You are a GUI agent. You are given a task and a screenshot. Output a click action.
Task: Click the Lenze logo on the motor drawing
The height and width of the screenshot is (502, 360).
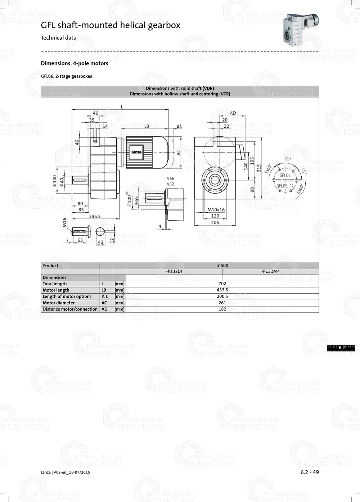click(x=136, y=152)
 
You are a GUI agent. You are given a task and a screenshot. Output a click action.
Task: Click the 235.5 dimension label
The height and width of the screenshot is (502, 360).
click(x=95, y=216)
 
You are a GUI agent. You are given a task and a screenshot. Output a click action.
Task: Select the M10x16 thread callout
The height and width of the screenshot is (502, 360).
click(x=216, y=209)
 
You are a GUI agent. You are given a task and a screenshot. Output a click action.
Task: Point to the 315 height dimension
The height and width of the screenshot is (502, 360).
click(x=259, y=168)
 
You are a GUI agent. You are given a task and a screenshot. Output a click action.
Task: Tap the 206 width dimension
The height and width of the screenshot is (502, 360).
click(x=215, y=222)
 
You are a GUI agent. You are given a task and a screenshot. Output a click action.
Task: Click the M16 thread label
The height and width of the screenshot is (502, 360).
click(x=65, y=222)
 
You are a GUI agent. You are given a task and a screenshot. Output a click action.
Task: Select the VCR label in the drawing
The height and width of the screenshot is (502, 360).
click(x=170, y=184)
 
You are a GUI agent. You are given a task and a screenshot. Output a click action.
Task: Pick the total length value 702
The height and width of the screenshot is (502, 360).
click(x=222, y=284)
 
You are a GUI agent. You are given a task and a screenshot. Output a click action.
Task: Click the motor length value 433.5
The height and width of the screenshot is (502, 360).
click(x=222, y=290)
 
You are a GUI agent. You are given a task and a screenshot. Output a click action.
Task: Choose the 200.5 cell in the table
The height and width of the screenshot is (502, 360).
click(x=222, y=296)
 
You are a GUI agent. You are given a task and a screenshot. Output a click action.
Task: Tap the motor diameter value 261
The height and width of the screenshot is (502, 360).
click(x=222, y=303)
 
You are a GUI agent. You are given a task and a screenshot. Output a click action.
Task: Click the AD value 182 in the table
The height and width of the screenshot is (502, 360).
click(x=222, y=309)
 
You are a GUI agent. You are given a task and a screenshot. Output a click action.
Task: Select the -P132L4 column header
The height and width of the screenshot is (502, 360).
click(x=174, y=271)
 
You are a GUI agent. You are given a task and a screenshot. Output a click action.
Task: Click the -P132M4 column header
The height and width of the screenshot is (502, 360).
click(x=270, y=271)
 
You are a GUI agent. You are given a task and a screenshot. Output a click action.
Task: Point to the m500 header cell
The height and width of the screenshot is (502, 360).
click(x=222, y=266)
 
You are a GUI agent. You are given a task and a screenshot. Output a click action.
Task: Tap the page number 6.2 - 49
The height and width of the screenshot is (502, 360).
click(x=310, y=472)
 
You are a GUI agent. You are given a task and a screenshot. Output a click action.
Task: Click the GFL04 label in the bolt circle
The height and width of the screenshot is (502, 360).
click(x=285, y=175)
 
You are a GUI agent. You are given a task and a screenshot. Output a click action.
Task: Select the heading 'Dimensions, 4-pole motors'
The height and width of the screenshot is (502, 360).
click(x=75, y=63)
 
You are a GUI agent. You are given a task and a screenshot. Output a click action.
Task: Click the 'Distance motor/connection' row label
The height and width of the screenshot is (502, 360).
click(x=70, y=309)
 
